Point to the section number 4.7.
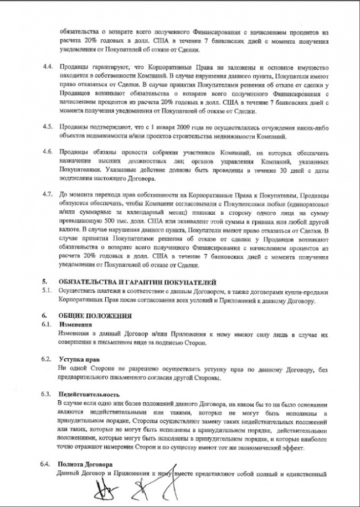[x=49, y=195]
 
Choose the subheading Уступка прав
[x=79, y=359]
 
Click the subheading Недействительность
[x=89, y=394]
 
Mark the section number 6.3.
[x=49, y=394]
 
